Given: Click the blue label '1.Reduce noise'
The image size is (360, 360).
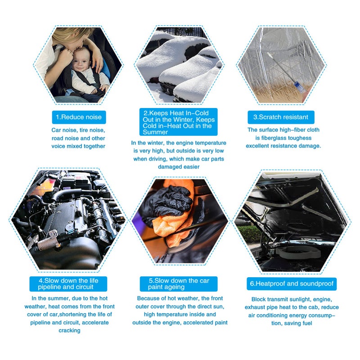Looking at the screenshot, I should click(79, 117).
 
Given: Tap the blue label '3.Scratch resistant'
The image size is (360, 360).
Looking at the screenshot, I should click(281, 117).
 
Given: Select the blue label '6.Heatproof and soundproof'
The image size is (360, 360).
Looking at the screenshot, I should click(292, 284).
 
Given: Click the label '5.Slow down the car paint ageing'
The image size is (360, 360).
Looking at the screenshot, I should click(179, 284).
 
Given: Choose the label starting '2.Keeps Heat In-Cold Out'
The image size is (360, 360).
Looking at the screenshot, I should click(180, 122).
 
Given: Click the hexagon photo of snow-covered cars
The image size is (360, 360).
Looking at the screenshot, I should click(180, 63).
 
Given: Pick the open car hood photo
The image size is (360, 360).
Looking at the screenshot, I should click(292, 220).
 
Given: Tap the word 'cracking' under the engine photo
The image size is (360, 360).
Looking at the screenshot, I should click(69, 330).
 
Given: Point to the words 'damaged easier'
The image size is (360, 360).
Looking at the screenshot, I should click(179, 166).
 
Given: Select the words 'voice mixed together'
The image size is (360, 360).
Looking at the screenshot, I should click(79, 146).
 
